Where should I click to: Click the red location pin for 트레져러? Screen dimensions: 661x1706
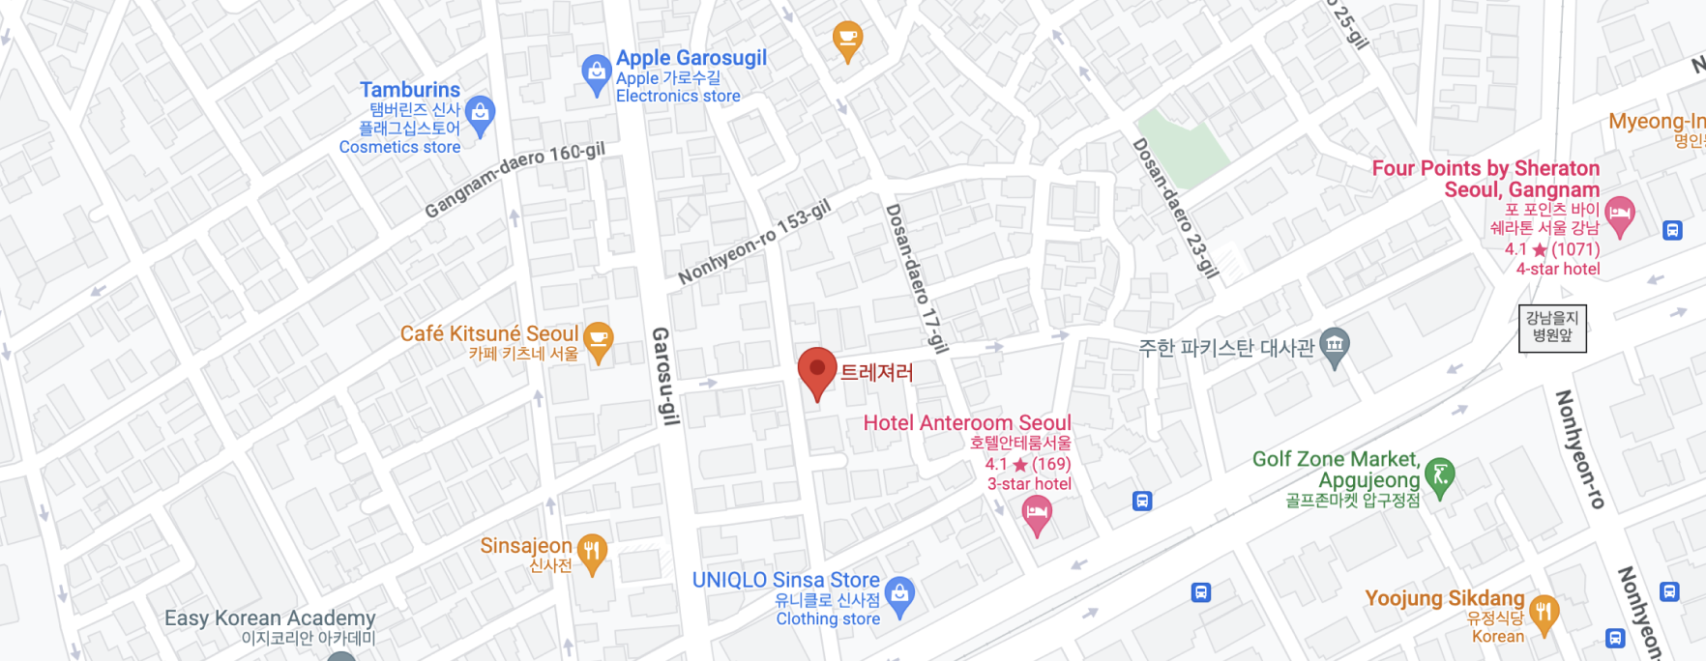[817, 371]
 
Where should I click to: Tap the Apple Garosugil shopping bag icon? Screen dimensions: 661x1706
[596, 73]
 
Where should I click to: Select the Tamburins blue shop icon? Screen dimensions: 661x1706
[480, 114]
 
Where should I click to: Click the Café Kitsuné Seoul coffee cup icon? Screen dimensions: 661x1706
[599, 340]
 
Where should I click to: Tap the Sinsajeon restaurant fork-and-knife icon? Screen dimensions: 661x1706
[592, 553]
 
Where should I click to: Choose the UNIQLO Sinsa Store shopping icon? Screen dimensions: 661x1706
[899, 595]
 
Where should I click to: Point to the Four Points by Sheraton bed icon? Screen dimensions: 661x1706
[1619, 214]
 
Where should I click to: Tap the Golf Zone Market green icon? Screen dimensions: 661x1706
[1440, 475]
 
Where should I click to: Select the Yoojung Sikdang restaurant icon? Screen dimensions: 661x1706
[1544, 613]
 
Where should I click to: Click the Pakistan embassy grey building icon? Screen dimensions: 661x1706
[1335, 346]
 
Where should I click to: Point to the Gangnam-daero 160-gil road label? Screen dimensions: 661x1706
[515, 179]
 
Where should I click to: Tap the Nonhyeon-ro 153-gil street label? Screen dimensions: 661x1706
[754, 243]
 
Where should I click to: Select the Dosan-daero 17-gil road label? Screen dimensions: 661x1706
[916, 278]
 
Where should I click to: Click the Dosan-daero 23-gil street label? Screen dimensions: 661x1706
[1175, 208]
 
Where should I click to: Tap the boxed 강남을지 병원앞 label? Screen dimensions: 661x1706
[1552, 327]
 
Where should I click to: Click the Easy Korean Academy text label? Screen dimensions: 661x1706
[270, 618]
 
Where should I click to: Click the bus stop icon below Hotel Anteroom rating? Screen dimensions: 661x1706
[1142, 501]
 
